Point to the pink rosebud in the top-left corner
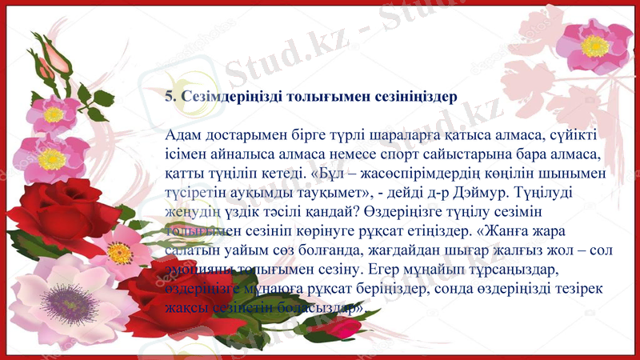tap(55, 54)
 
